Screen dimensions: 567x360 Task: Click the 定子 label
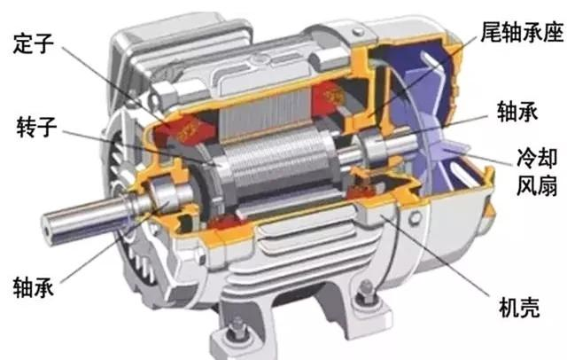[x=33, y=43]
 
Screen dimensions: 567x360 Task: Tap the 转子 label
[x=36, y=127]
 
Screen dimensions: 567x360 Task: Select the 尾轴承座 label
[x=522, y=31]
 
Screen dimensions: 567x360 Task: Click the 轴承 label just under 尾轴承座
[x=517, y=111]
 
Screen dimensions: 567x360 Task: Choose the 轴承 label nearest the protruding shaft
[x=34, y=287]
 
